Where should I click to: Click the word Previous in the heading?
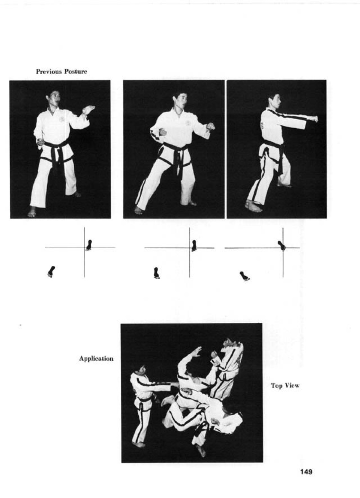(49, 72)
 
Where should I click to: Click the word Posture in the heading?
(76, 72)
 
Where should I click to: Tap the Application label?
(96, 359)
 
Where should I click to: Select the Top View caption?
(285, 385)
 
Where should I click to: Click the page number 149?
(306, 472)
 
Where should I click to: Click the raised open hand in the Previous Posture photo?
(88, 110)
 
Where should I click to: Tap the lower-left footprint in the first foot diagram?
(51, 272)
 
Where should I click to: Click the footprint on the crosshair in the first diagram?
(89, 245)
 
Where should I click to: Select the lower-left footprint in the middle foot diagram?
(157, 273)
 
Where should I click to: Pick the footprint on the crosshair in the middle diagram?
(194, 246)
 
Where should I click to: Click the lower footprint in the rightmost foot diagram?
(245, 276)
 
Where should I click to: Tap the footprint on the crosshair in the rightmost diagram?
(282, 245)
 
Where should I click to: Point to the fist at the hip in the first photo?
(41, 142)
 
